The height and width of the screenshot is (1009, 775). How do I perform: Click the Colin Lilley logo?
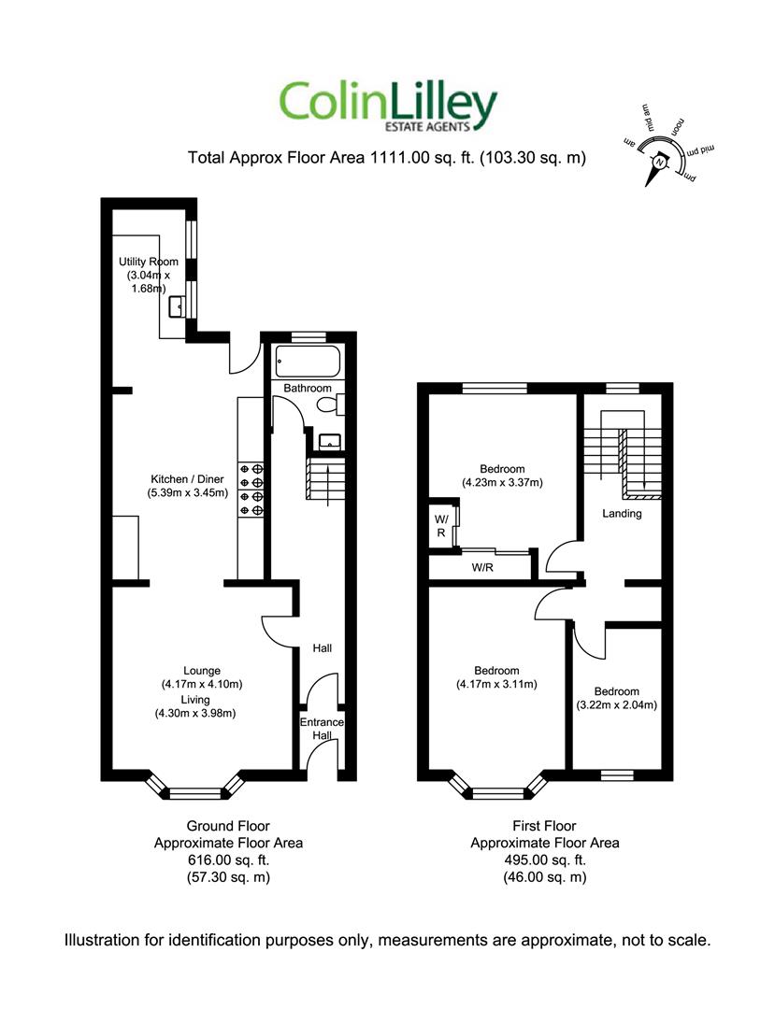click(x=388, y=107)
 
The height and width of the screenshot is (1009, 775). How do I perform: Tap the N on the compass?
click(x=658, y=163)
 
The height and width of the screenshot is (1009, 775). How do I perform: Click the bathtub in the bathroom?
click(x=308, y=362)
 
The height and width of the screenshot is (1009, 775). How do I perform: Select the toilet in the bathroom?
click(x=331, y=405)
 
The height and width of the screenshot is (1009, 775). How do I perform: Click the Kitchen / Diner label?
click(x=187, y=478)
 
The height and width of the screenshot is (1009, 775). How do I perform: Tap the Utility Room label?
click(x=148, y=262)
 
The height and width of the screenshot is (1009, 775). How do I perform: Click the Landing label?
click(x=622, y=514)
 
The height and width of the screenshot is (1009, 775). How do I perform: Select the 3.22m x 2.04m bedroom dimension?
click(x=617, y=705)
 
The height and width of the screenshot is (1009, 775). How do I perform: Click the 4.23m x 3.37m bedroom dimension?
click(x=502, y=483)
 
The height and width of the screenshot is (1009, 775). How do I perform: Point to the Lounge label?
click(x=202, y=671)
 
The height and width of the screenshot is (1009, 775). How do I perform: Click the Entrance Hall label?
click(x=322, y=729)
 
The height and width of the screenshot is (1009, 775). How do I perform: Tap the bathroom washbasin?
click(x=331, y=441)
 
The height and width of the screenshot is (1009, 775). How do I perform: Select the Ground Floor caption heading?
click(x=228, y=826)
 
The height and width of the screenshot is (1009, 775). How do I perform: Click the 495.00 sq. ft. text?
click(x=545, y=860)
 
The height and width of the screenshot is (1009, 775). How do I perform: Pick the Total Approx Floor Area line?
click(x=387, y=158)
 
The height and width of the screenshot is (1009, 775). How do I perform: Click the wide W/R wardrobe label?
click(x=482, y=568)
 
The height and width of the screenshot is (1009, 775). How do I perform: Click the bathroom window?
click(x=308, y=336)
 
